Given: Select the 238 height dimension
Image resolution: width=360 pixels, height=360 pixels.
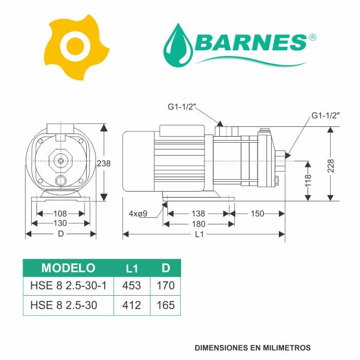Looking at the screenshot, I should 104,163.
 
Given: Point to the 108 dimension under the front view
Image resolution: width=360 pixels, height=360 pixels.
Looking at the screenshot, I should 60,213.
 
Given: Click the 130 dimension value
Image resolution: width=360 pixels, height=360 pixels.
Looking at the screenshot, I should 60,223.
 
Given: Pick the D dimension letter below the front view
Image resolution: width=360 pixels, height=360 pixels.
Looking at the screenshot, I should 61,234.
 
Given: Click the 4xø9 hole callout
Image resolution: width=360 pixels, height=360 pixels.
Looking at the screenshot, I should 138,214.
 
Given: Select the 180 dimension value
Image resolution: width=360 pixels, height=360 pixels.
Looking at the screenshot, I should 198,224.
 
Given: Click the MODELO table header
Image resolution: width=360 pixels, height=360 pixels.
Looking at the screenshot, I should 68,268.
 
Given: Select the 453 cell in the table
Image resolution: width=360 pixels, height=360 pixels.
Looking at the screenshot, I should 132,286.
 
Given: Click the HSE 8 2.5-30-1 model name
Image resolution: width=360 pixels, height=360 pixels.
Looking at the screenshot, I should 68,286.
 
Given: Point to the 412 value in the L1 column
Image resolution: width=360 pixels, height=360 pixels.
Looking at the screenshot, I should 132,305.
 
